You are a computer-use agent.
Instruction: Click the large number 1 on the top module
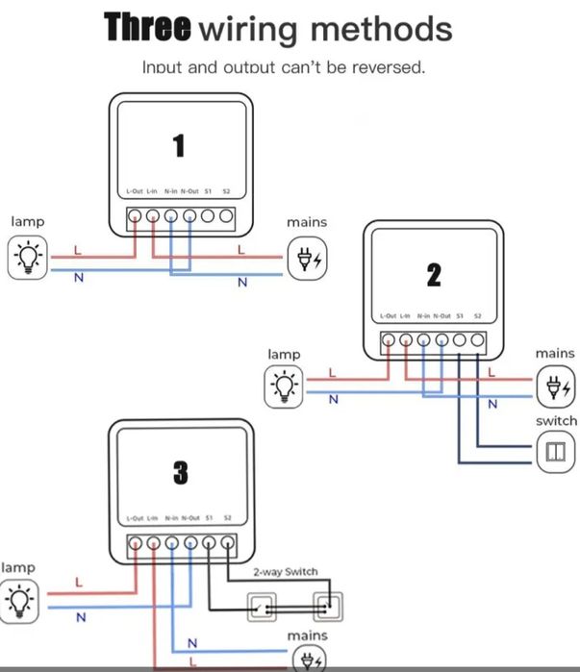pyautogui.click(x=178, y=145)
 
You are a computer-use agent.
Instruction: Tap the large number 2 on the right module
pyautogui.click(x=434, y=275)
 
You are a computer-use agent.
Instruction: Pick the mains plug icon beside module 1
pyautogui.click(x=308, y=258)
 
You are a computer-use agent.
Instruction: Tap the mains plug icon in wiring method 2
pyautogui.click(x=555, y=387)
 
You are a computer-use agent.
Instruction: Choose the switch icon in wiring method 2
pyautogui.click(x=555, y=452)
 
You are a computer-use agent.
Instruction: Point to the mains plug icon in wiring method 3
pyautogui.click(x=308, y=660)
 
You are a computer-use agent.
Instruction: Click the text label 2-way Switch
pyautogui.click(x=285, y=572)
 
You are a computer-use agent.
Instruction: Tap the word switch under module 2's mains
pyautogui.click(x=556, y=421)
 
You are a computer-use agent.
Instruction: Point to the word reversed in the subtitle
pyautogui.click(x=389, y=67)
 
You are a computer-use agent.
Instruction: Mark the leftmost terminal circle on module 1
pyautogui.click(x=135, y=215)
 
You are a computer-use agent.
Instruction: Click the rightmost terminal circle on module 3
pyautogui.click(x=227, y=543)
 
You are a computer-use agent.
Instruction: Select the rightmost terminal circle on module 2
pyautogui.click(x=477, y=339)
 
